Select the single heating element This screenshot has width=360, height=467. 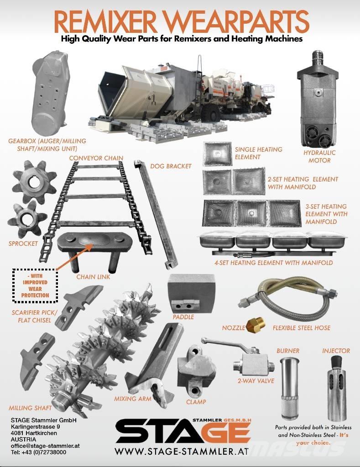[217, 154]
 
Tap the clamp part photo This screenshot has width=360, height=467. [195, 371]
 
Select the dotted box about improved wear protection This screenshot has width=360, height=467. [35, 285]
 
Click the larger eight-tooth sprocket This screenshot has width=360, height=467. [34, 178]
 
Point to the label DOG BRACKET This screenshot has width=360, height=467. [171, 166]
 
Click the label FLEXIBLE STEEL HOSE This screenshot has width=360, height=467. [302, 328]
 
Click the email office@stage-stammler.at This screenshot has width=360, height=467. [45, 446]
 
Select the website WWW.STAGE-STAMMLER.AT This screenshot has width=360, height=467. [182, 451]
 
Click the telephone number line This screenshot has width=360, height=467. [38, 452]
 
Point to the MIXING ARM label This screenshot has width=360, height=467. [133, 399]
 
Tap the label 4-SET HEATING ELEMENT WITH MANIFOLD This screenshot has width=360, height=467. [274, 263]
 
